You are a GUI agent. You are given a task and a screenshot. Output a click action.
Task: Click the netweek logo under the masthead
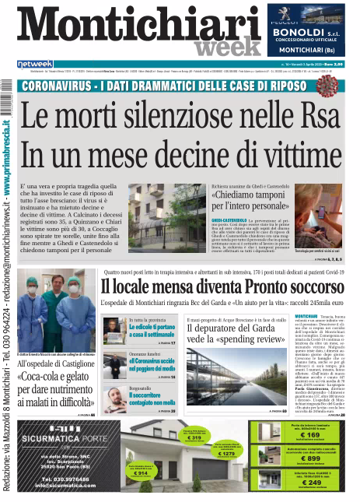[35, 64]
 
